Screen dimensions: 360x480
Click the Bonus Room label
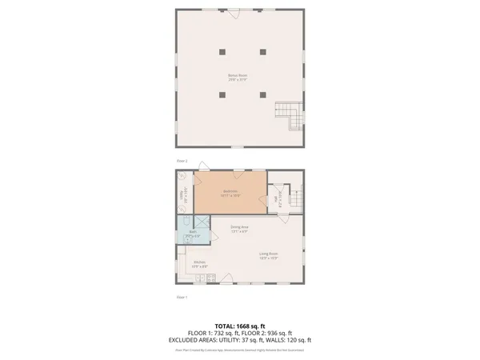pyautogui.click(x=238, y=78)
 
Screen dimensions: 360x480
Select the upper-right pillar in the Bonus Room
pyautogui.click(x=262, y=51)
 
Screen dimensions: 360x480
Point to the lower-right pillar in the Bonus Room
pyautogui.click(x=262, y=94)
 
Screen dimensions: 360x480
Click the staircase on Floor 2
pyautogui.click(x=290, y=118)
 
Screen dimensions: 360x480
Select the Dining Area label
pyautogui.click(x=239, y=229)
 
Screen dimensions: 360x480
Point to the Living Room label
pyautogui.click(x=268, y=257)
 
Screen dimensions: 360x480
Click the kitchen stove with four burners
pyautogui.click(x=209, y=278)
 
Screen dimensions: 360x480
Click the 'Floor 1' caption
pyautogui.click(x=182, y=297)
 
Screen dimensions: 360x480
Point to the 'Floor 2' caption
pyautogui.click(x=182, y=161)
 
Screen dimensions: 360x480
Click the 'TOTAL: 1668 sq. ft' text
pyautogui.click(x=239, y=326)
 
